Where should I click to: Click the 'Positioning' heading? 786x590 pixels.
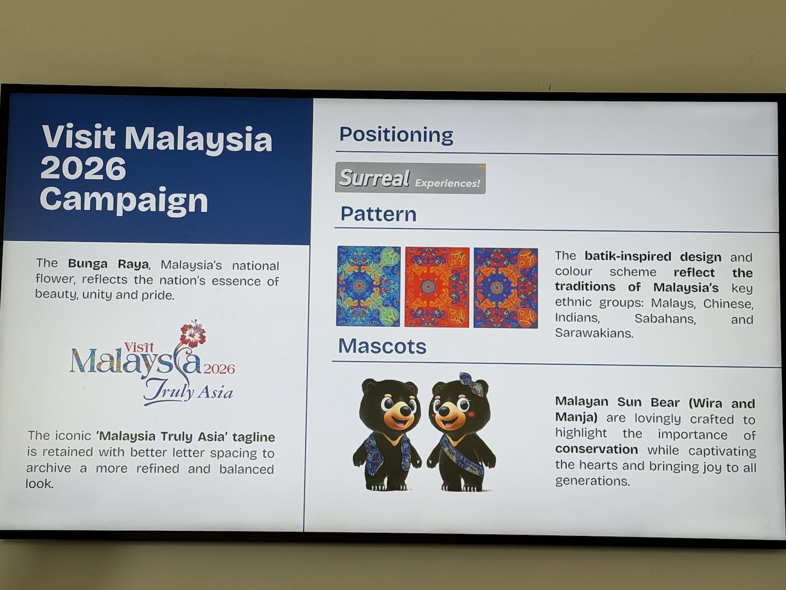pyautogui.click(x=396, y=135)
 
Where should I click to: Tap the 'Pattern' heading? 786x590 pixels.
pyautogui.click(x=378, y=214)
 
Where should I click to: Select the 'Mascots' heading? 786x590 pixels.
pyautogui.click(x=383, y=346)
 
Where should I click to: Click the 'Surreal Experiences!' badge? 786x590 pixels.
pyautogui.click(x=410, y=178)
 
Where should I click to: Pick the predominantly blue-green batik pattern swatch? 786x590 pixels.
pyautogui.click(x=368, y=286)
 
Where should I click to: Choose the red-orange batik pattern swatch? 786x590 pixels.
pyautogui.click(x=437, y=287)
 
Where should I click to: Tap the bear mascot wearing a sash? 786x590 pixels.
pyautogui.click(x=461, y=434)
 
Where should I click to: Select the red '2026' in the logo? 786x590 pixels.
pyautogui.click(x=219, y=369)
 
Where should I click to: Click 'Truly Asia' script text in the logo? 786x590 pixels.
pyautogui.click(x=188, y=392)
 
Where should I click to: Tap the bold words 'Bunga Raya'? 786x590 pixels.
pyautogui.click(x=108, y=264)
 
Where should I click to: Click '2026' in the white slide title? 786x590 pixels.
pyautogui.click(x=83, y=168)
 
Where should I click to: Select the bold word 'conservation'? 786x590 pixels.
pyautogui.click(x=596, y=449)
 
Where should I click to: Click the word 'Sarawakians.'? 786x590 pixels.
pyautogui.click(x=594, y=333)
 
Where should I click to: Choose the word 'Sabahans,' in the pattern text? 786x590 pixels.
pyautogui.click(x=665, y=318)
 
